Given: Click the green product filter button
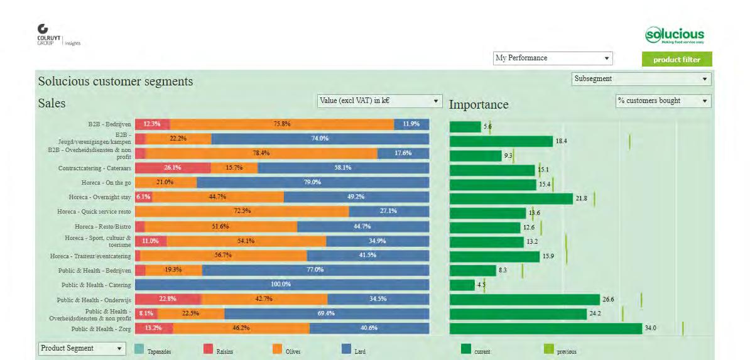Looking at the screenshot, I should (677, 60).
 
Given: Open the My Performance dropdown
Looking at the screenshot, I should (552, 58).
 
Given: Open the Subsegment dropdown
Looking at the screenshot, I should (641, 79).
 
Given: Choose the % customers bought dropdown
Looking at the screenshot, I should (663, 101).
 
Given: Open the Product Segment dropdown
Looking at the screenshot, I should (82, 348).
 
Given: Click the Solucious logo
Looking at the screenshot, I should (675, 35).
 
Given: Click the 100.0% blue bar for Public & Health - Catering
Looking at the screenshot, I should (281, 285).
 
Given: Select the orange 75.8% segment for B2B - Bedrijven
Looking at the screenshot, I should (281, 124).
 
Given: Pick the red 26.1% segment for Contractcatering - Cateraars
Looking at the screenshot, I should (173, 168).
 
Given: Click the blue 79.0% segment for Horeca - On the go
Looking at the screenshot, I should (312, 182).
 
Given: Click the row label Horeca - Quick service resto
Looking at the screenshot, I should (94, 212).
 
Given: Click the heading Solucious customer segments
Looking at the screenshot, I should (116, 82).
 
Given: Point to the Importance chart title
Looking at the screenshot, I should (478, 104).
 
